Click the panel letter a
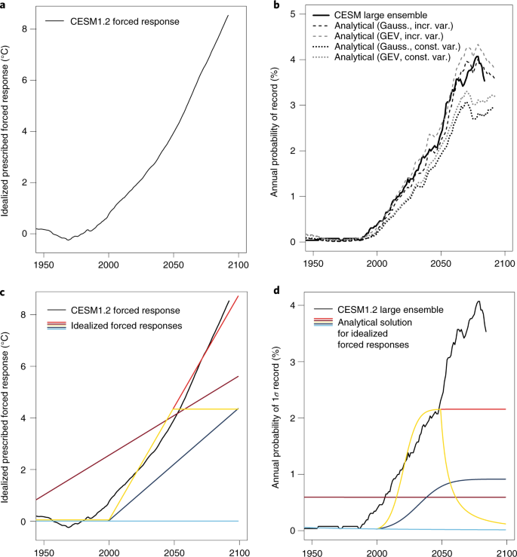pyautogui.click(x=5, y=6)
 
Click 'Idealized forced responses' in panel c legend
pyautogui.click(x=129, y=323)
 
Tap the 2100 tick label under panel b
pyautogui.click(x=503, y=266)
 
